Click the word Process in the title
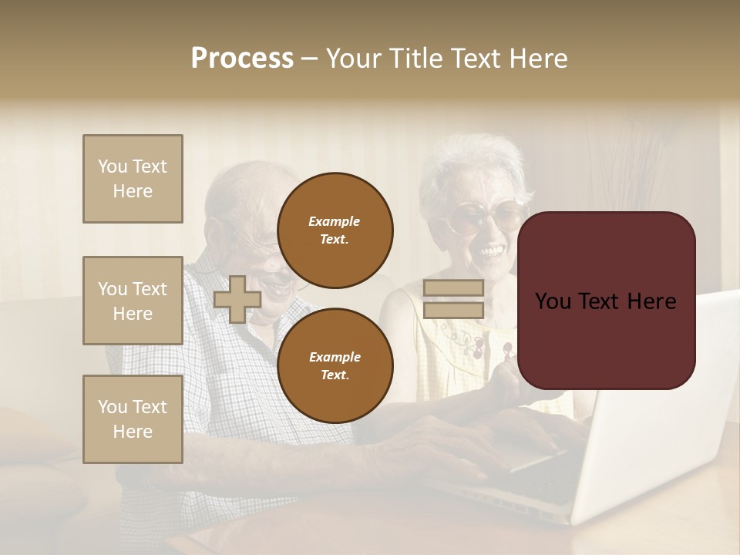pos(242,59)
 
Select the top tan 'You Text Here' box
pos(133,179)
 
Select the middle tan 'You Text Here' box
pos(133,301)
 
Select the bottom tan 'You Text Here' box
pos(133,419)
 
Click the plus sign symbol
pos(237,299)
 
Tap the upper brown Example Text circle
pos(335,230)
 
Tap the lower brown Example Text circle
pos(335,365)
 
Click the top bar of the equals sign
pos(453,288)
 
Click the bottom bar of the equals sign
pos(453,310)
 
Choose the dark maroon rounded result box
pos(606,301)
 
